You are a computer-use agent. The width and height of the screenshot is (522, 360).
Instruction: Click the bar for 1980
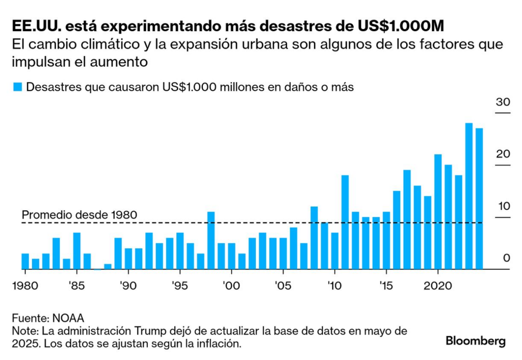click(x=25, y=261)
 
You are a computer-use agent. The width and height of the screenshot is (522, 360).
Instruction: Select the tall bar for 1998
click(x=211, y=240)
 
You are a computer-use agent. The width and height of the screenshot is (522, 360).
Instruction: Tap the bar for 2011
click(x=345, y=222)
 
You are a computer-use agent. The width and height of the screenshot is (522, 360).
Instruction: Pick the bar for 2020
click(x=438, y=212)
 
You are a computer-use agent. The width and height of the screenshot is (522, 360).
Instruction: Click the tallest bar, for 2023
click(x=469, y=196)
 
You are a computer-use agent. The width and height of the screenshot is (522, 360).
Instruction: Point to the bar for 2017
click(x=407, y=219)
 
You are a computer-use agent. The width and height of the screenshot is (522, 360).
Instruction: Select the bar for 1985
click(x=77, y=250)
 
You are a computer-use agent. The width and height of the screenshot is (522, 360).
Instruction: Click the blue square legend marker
click(x=17, y=87)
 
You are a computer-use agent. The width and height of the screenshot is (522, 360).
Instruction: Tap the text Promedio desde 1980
click(x=80, y=215)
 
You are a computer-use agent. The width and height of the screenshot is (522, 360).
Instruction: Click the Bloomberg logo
click(x=476, y=341)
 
